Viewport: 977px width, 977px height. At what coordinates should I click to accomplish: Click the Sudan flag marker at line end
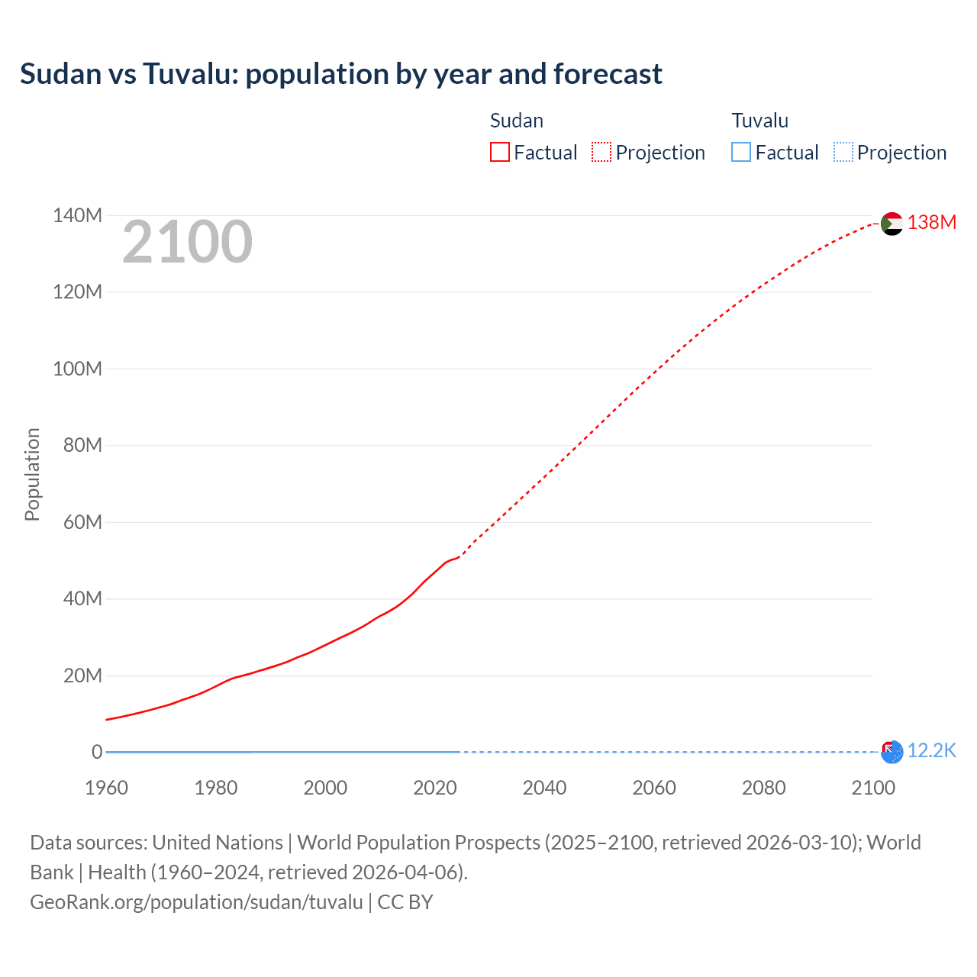pyautogui.click(x=892, y=224)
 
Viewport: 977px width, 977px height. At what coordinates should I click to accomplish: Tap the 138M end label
pyautogui.click(x=931, y=222)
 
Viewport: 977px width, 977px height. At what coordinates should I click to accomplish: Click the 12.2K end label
pyautogui.click(x=931, y=750)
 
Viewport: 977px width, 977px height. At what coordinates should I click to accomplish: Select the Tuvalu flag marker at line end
pyautogui.click(x=892, y=752)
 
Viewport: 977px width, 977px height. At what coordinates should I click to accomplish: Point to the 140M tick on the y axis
pyautogui.click(x=77, y=215)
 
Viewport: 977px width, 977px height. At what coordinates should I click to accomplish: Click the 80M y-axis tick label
pyautogui.click(x=82, y=445)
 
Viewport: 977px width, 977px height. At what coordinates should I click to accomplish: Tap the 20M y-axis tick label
pyautogui.click(x=82, y=676)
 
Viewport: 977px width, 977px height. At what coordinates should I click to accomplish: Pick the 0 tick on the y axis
pyautogui.click(x=97, y=752)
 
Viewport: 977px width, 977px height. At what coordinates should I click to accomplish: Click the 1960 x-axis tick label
pyautogui.click(x=106, y=788)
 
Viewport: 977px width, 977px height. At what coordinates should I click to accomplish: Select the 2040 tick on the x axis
pyautogui.click(x=544, y=788)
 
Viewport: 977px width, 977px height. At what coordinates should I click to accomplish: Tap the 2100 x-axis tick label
pyautogui.click(x=873, y=788)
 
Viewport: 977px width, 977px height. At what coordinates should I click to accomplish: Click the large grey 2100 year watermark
pyautogui.click(x=187, y=242)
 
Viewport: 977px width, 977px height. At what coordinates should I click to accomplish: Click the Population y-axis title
pyautogui.click(x=32, y=474)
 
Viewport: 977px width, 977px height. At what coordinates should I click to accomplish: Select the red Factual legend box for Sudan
pyautogui.click(x=499, y=152)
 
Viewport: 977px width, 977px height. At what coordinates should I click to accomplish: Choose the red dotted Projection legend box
pyautogui.click(x=601, y=152)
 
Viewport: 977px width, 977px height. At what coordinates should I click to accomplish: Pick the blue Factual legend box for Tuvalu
pyautogui.click(x=740, y=152)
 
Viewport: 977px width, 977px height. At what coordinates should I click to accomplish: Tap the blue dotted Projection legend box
pyautogui.click(x=843, y=152)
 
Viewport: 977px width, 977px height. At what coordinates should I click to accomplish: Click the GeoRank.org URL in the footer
pyautogui.click(x=196, y=901)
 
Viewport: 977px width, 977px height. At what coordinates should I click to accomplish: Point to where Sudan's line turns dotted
pyautogui.click(x=459, y=557)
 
